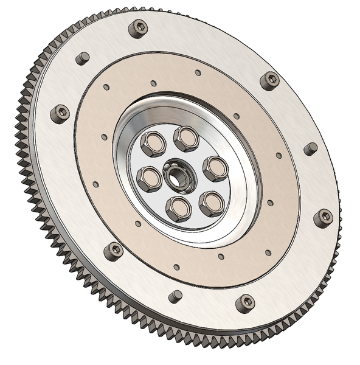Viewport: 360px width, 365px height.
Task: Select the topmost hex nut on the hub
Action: [x=186, y=139]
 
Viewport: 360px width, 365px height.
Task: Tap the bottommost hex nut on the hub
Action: [x=179, y=209]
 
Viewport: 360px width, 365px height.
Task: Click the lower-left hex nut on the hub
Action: [x=148, y=179]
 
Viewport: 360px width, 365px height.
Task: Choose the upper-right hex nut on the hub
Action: [x=215, y=169]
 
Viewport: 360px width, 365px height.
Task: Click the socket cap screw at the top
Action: [x=138, y=28]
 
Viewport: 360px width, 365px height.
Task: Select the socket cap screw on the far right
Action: [x=323, y=218]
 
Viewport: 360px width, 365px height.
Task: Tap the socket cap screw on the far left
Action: [x=60, y=113]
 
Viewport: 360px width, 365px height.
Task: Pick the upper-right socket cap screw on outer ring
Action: [x=269, y=80]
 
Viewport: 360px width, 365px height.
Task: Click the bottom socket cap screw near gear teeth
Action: [x=245, y=302]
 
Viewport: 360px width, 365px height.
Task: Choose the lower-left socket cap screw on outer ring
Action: [x=113, y=251]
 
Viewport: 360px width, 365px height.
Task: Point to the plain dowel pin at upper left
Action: [x=82, y=59]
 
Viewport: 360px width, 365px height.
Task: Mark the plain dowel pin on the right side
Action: [x=311, y=148]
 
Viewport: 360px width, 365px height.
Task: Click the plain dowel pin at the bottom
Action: [x=175, y=296]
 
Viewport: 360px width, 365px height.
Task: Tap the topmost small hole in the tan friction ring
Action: [x=198, y=73]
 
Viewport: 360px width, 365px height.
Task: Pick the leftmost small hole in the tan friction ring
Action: [x=95, y=184]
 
